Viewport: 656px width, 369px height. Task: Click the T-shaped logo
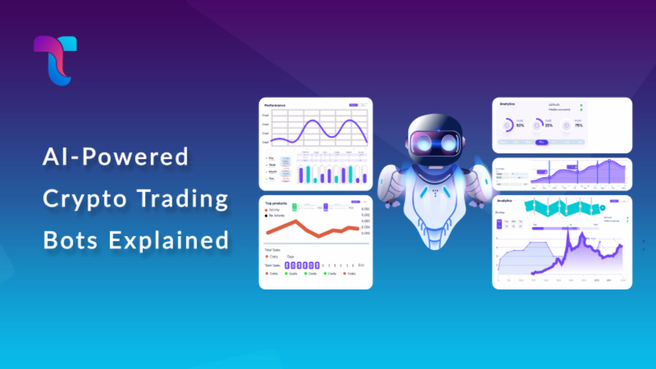(55, 60)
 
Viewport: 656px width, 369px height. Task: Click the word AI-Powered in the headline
(116, 157)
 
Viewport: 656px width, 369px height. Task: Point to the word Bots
(70, 240)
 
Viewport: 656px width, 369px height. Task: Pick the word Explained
(169, 240)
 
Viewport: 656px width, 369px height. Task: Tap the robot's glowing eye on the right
(449, 143)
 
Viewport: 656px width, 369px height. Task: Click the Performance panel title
(275, 106)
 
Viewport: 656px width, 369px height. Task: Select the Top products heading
(275, 203)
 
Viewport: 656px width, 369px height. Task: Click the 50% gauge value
(520, 126)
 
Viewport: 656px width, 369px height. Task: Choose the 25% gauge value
(549, 126)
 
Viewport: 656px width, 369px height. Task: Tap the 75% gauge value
(579, 126)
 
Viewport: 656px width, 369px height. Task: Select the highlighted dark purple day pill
(541, 142)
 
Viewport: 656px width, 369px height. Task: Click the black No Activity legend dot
(266, 216)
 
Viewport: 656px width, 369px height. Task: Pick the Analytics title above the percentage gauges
(507, 104)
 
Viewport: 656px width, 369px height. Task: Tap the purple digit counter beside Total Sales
(302, 265)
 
